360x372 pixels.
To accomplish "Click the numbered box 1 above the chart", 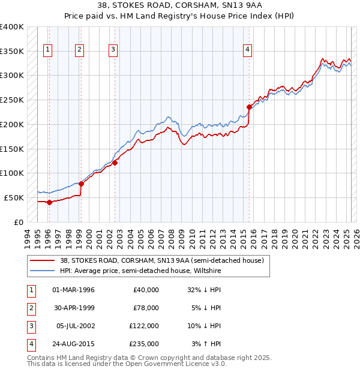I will pos(47,50).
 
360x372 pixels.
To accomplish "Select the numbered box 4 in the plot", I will pos(247,50).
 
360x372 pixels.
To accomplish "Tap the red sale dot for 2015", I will pos(249,107).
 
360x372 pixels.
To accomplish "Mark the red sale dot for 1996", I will pos(49,202).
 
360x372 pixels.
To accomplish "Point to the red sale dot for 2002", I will pos(115,162).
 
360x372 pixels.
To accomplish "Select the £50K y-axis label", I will pos(14,197).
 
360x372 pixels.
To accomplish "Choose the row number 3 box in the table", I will pos(30,326).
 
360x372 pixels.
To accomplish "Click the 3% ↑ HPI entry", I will pos(206,344).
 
